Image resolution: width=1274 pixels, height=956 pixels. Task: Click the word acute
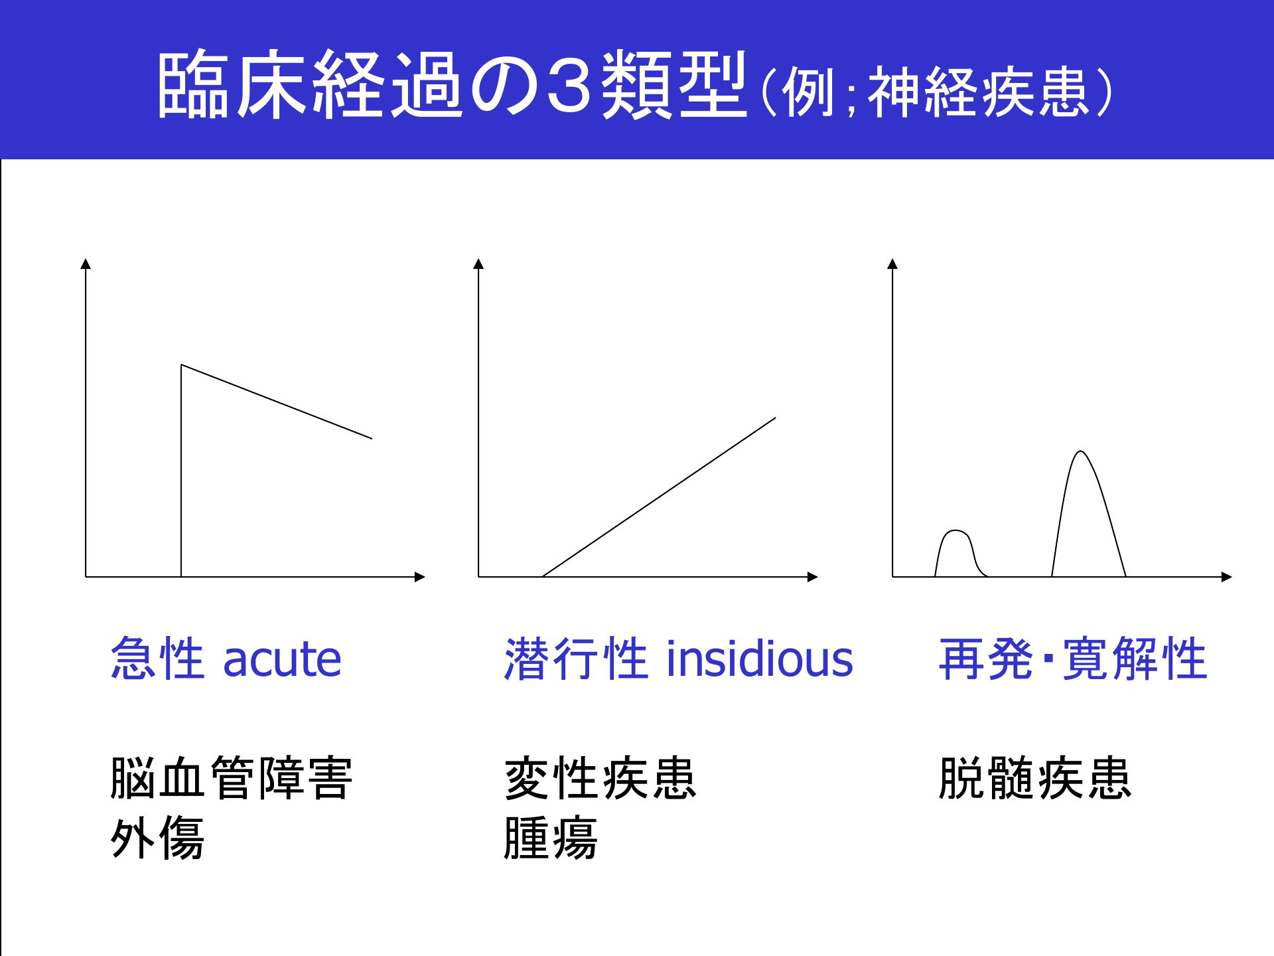pyautogui.click(x=282, y=659)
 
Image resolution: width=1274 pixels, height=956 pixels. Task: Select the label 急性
pyautogui.click(x=157, y=658)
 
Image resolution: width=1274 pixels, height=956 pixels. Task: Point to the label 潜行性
pyautogui.click(x=576, y=658)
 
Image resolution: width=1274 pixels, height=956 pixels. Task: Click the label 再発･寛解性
pyautogui.click(x=1073, y=658)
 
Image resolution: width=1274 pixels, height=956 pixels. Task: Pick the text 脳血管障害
pyautogui.click(x=232, y=778)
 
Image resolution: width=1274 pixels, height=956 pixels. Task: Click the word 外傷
pyautogui.click(x=157, y=838)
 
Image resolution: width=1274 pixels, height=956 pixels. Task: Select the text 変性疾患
pyautogui.click(x=601, y=778)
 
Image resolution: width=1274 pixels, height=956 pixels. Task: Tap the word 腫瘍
pyautogui.click(x=551, y=838)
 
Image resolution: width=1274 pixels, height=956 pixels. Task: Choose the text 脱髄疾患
pyautogui.click(x=1035, y=778)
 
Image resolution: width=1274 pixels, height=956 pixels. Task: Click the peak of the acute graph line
pyautogui.click(x=182, y=365)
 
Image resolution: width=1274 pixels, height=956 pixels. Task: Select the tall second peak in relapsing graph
pyautogui.click(x=1082, y=451)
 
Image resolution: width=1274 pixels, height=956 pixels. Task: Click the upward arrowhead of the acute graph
pyautogui.click(x=86, y=264)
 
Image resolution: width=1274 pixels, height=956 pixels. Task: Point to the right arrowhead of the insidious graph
pyautogui.click(x=813, y=577)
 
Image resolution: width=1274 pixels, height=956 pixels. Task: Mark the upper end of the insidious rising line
pyautogui.click(x=775, y=418)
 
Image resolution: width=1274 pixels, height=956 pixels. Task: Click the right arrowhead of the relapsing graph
pyautogui.click(x=1227, y=577)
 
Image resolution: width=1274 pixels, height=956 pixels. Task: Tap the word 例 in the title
pyautogui.click(x=809, y=92)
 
